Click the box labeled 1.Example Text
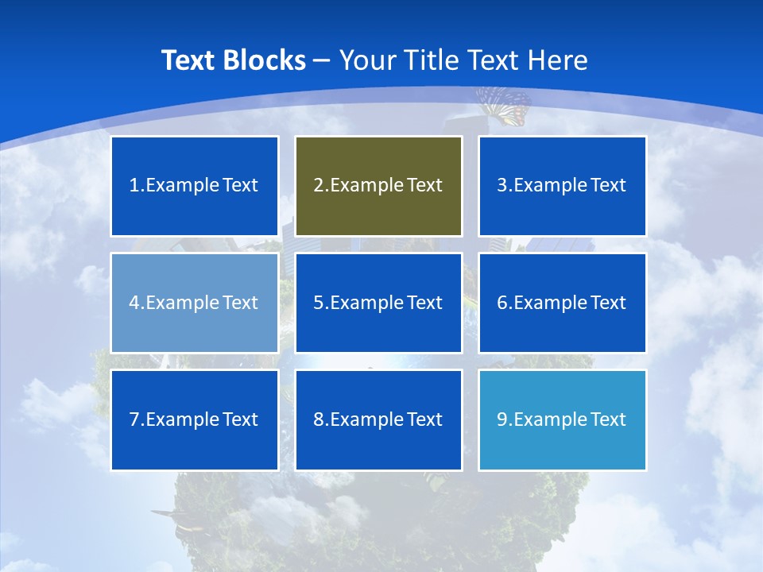(195, 186)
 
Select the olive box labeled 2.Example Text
(378, 186)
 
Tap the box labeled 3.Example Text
(562, 186)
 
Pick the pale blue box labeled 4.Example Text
(195, 303)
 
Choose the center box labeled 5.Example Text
(378, 303)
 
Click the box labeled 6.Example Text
(562, 303)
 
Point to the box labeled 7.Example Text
(195, 419)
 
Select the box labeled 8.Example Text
(378, 419)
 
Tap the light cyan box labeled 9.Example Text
(562, 419)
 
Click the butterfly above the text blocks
(504, 106)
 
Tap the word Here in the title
(560, 60)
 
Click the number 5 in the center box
(318, 303)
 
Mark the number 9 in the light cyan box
(502, 419)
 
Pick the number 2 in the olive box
(318, 186)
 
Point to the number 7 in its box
(134, 419)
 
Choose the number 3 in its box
(502, 186)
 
